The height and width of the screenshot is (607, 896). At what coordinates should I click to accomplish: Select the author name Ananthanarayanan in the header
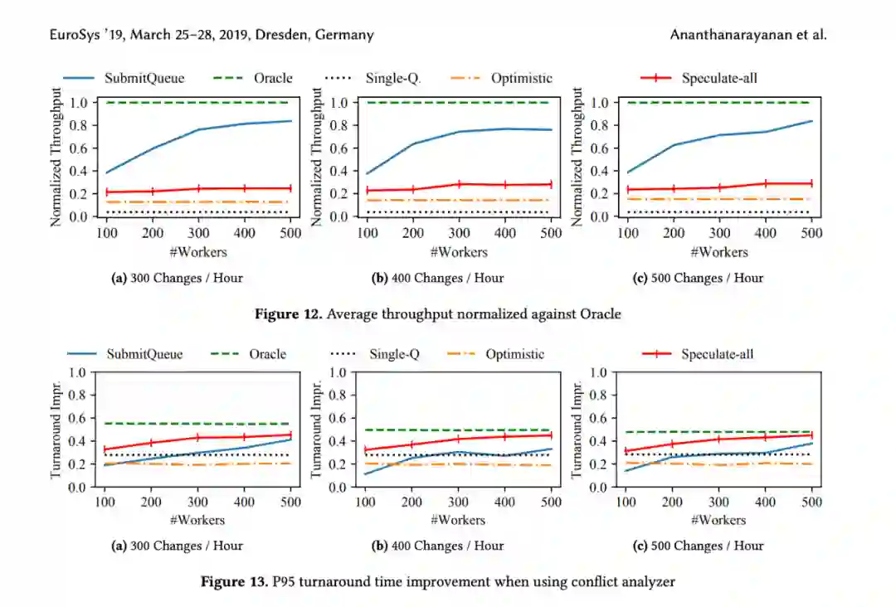729,35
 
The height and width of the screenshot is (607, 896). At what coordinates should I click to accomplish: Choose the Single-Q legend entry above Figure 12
392,78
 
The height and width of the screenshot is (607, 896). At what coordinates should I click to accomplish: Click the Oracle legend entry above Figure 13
268,354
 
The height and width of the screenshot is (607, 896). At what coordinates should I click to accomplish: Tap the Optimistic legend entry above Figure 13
515,354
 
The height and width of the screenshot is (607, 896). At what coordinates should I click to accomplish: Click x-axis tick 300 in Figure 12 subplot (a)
198,233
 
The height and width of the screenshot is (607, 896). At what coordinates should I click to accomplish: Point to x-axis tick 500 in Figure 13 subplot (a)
290,502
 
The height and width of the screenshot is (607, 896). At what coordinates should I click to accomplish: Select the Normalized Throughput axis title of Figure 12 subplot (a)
56,157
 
